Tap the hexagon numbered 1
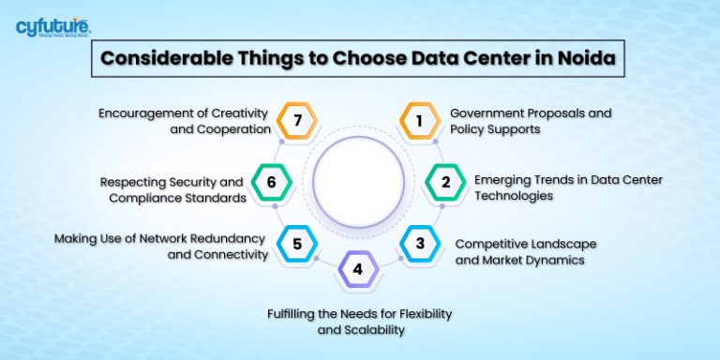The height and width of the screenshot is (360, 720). point(419,120)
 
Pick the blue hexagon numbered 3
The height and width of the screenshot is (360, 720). point(419,244)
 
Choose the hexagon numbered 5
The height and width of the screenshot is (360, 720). point(297,244)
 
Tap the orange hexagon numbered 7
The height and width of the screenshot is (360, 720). point(297,120)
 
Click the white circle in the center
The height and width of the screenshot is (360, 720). point(358,179)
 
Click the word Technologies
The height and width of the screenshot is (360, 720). point(513,196)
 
